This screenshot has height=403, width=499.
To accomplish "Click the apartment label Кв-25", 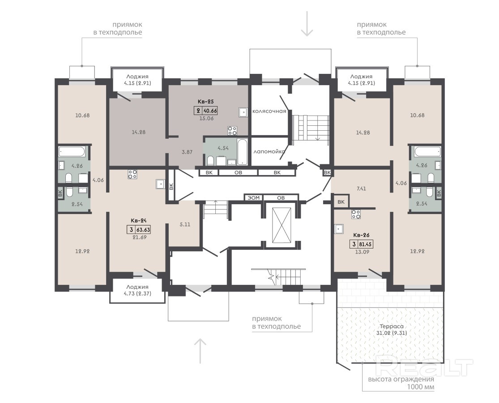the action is pos(205,102).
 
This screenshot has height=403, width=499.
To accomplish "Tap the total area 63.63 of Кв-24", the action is pos(143,230).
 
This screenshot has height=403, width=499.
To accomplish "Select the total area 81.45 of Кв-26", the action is pos(365,244).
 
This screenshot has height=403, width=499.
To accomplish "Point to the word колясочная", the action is pos(269,111).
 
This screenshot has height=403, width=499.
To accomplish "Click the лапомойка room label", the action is pos(269,151).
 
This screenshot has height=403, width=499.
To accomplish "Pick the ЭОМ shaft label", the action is pos(254,198).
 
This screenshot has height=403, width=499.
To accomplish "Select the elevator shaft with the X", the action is pos(281,225).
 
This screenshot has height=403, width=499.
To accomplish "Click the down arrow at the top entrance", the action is pos(307,24).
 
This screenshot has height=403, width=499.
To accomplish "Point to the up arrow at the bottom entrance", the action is pos(200,351).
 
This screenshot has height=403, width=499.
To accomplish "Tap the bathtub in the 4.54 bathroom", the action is pos(242,151).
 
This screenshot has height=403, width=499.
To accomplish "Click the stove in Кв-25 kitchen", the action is pos(232,130).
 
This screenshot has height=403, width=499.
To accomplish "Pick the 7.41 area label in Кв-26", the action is pos(361,189).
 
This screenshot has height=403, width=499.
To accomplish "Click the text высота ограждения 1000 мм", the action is pos(401,383).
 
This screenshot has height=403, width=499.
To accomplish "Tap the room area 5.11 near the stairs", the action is pos(185,224).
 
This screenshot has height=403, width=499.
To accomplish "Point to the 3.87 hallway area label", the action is pos(187,152).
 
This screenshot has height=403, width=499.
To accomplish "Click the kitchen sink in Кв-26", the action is pos(339,229).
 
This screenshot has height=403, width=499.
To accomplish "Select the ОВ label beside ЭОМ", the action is pos(281,198).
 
